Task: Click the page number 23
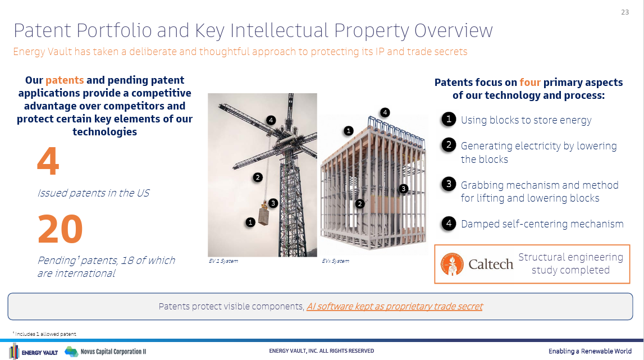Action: [625, 12]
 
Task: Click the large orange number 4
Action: [48, 161]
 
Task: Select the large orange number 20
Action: [61, 229]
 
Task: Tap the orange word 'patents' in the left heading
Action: [65, 80]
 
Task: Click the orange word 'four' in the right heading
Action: [530, 82]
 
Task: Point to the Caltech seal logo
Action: [452, 264]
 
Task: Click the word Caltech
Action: [491, 265]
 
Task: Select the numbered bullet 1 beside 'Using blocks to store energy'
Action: [449, 119]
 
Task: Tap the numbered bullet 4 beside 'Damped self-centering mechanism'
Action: [449, 224]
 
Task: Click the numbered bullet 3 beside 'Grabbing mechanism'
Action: [449, 184]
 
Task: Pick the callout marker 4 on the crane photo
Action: [271, 120]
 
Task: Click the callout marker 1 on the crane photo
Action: [250, 222]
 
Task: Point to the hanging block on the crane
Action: [264, 215]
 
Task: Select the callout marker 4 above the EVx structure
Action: [385, 112]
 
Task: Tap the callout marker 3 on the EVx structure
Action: [403, 189]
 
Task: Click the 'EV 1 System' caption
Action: [223, 261]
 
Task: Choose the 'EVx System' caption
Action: [336, 261]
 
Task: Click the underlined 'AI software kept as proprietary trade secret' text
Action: [394, 307]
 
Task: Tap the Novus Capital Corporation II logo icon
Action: [71, 352]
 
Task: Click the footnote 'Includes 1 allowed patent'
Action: [45, 334]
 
